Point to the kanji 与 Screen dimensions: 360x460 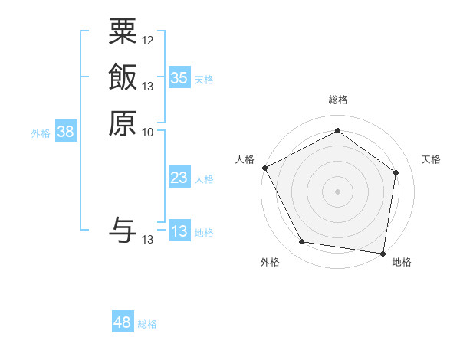(x=122, y=231)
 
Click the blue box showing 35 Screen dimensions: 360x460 (x=179, y=77)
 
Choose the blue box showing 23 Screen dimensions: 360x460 (x=179, y=178)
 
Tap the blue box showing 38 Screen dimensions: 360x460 (x=66, y=132)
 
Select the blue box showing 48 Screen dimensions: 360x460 (x=123, y=322)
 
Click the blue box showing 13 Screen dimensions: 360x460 (x=179, y=231)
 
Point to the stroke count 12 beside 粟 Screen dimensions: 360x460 (x=148, y=40)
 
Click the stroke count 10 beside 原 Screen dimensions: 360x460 (x=148, y=132)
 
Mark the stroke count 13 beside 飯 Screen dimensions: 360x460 (x=148, y=86)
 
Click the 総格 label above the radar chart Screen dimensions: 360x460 (x=337, y=100)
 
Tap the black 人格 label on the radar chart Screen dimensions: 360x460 (x=245, y=159)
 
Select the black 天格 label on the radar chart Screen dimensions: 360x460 (x=431, y=159)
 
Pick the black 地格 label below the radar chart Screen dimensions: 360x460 (x=402, y=262)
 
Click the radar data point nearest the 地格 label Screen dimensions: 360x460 (x=383, y=253)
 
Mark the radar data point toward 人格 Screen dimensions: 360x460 (x=264, y=167)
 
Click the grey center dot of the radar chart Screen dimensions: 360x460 (x=337, y=191)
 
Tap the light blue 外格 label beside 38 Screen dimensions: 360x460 (x=41, y=133)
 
